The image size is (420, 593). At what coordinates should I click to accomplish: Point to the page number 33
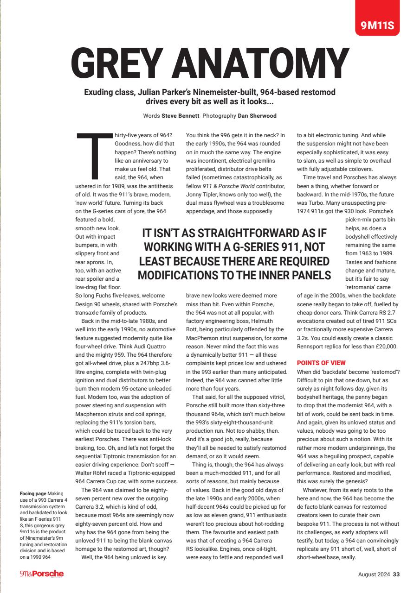(396, 574)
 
